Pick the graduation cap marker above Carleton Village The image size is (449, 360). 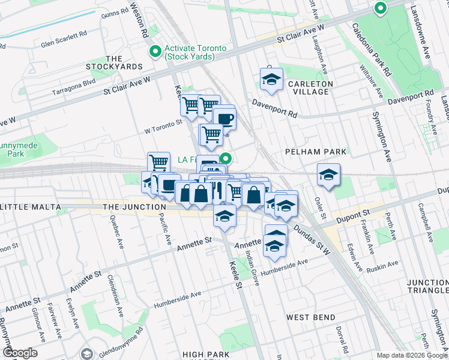(x=271, y=79)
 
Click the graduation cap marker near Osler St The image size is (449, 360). (x=328, y=175)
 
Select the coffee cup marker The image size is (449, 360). (x=224, y=118)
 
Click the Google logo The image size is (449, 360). (x=20, y=353)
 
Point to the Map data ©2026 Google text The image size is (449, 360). (x=411, y=355)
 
